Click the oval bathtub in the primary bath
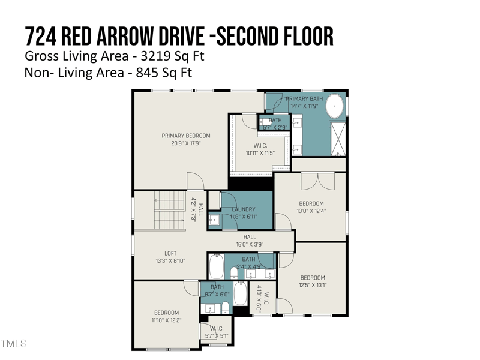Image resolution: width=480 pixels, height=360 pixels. (335, 108)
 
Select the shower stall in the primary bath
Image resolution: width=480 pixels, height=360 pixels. (337, 138)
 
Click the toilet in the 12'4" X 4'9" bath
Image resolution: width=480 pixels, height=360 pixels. (234, 274)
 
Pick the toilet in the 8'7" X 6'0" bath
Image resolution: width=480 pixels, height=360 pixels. (225, 307)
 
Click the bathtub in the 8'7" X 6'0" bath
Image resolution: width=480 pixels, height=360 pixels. (240, 294)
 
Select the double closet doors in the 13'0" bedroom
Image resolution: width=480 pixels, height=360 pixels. (317, 180)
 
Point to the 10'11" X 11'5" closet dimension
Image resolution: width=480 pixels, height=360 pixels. (260, 153)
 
